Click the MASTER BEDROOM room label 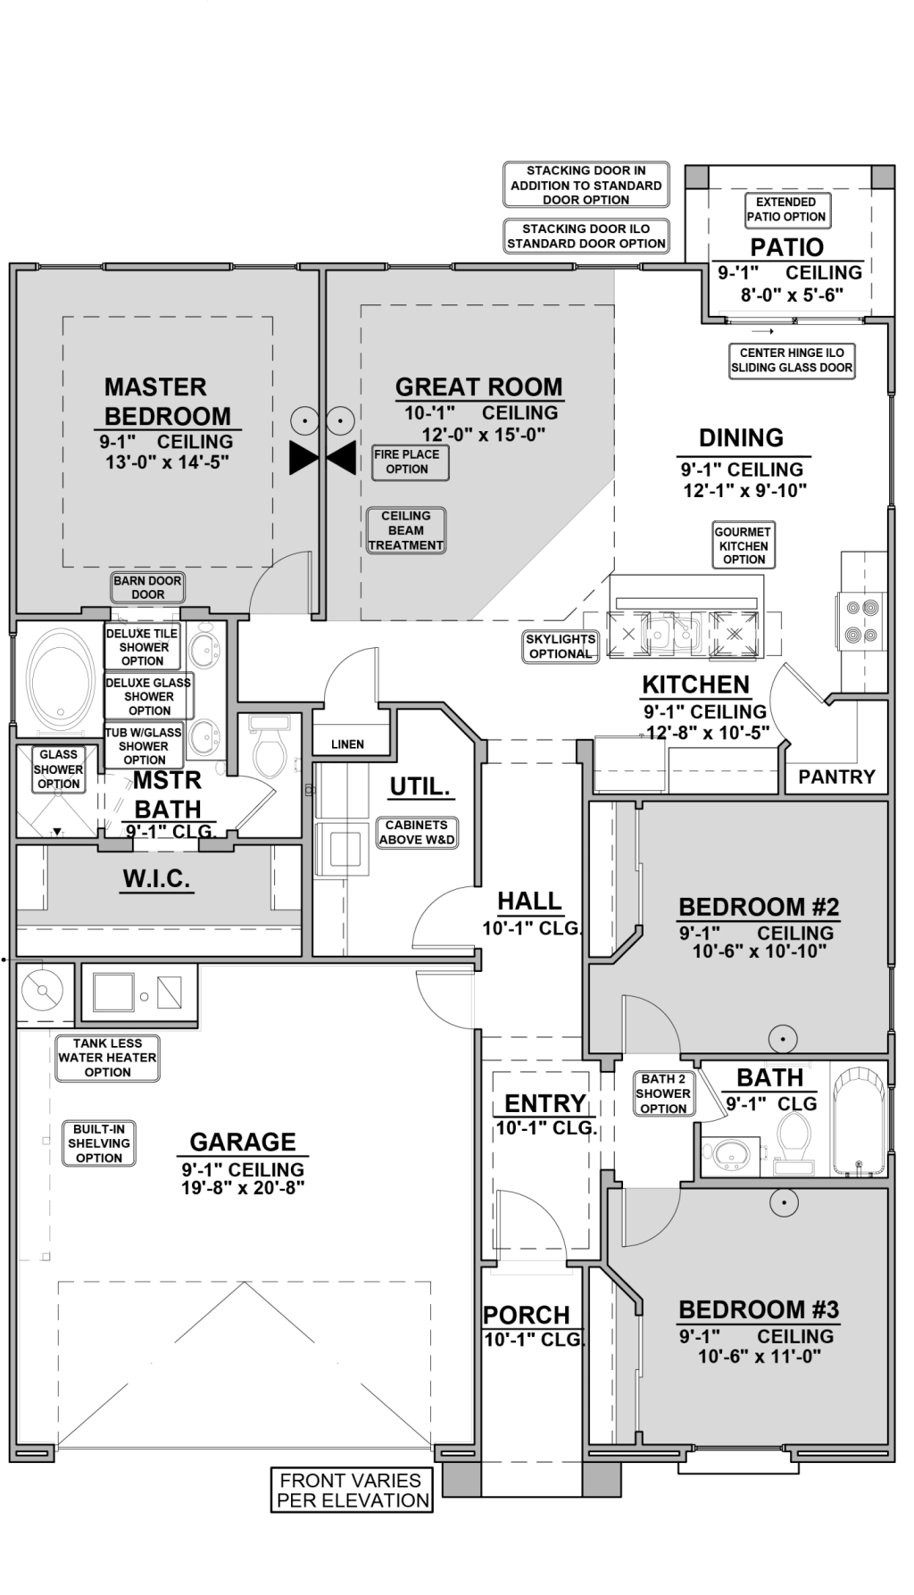click(167, 402)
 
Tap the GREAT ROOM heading click(479, 387)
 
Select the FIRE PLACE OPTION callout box click(410, 462)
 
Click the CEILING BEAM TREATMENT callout click(406, 531)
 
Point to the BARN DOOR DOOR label click(147, 587)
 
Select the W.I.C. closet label click(157, 879)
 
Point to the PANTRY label click(836, 777)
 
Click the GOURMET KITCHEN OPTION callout click(744, 545)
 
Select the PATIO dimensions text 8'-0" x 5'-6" click(792, 295)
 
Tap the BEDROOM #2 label click(759, 908)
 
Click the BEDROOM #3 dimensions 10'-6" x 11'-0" click(759, 1357)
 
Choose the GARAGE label click(243, 1142)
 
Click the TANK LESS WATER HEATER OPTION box click(108, 1058)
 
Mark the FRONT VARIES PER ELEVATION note click(352, 1491)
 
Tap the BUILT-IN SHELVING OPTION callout click(99, 1143)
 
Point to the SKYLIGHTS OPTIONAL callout click(561, 646)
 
